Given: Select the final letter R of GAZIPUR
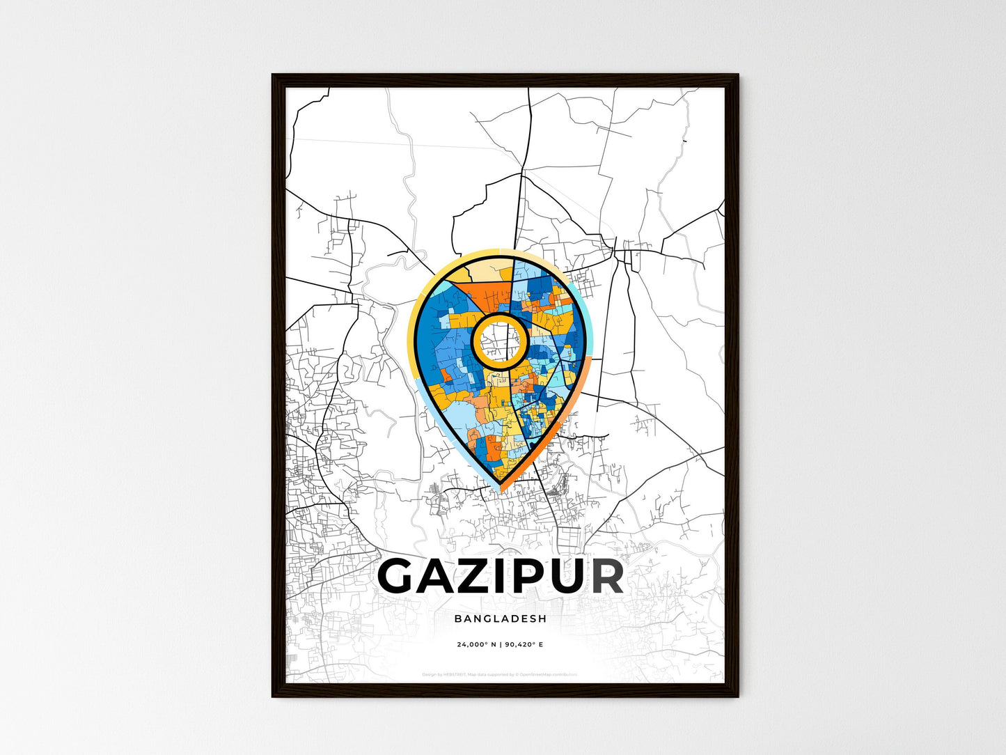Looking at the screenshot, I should [x=602, y=576].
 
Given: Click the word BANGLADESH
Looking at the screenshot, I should [x=500, y=618].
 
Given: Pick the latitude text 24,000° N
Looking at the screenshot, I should [x=476, y=644].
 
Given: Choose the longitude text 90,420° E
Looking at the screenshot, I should [x=524, y=644].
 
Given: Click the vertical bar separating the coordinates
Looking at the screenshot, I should [x=501, y=644].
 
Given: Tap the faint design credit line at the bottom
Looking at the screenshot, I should [x=500, y=674].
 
